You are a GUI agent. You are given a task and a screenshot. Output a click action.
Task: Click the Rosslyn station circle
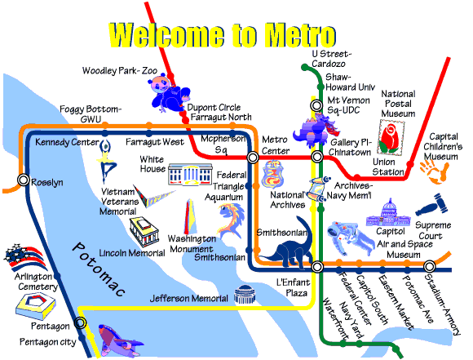coord(23,180)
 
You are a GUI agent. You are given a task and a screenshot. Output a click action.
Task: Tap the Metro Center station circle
coord(253,157)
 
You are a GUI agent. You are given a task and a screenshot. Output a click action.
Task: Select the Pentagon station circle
coord(80,322)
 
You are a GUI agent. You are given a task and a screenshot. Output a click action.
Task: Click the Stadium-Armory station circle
coord(429,267)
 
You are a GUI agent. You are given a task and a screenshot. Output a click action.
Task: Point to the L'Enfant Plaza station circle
coord(317,267)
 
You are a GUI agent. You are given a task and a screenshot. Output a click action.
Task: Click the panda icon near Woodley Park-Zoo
coord(169,92)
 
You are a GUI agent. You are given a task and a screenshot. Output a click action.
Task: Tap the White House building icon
coord(190,174)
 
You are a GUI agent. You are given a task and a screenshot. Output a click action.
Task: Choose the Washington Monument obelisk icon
coord(189,216)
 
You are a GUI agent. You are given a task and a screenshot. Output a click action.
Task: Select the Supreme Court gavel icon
coord(431,205)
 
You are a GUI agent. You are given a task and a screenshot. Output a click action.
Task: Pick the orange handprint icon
coord(435,172)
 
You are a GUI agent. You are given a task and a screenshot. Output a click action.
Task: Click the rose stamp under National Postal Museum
coord(391,138)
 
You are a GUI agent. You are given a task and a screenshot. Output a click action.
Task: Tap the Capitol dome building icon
coord(388,212)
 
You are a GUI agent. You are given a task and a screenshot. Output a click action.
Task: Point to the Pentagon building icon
coord(36,306)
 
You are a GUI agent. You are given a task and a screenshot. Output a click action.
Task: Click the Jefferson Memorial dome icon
coord(245,294)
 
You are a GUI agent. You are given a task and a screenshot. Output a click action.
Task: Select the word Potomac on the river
coord(99,269)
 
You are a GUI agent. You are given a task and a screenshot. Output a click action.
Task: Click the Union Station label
coord(387,167)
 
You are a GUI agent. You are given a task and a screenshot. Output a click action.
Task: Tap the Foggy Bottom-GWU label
coord(91,113)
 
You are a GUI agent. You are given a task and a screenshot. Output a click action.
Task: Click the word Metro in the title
coord(299,35)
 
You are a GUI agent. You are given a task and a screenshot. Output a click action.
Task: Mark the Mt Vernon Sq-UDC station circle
coord(316,105)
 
